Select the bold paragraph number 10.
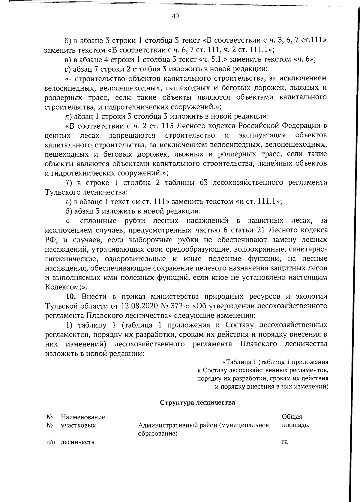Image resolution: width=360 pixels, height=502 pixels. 72,297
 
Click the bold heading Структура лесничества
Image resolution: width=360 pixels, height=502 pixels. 197,402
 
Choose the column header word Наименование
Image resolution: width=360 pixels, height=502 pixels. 83,417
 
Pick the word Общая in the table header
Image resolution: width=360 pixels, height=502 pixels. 292,417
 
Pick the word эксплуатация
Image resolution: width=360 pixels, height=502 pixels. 262,135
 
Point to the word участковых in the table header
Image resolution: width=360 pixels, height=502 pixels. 78,425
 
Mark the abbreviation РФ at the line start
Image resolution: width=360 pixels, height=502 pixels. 50,240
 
